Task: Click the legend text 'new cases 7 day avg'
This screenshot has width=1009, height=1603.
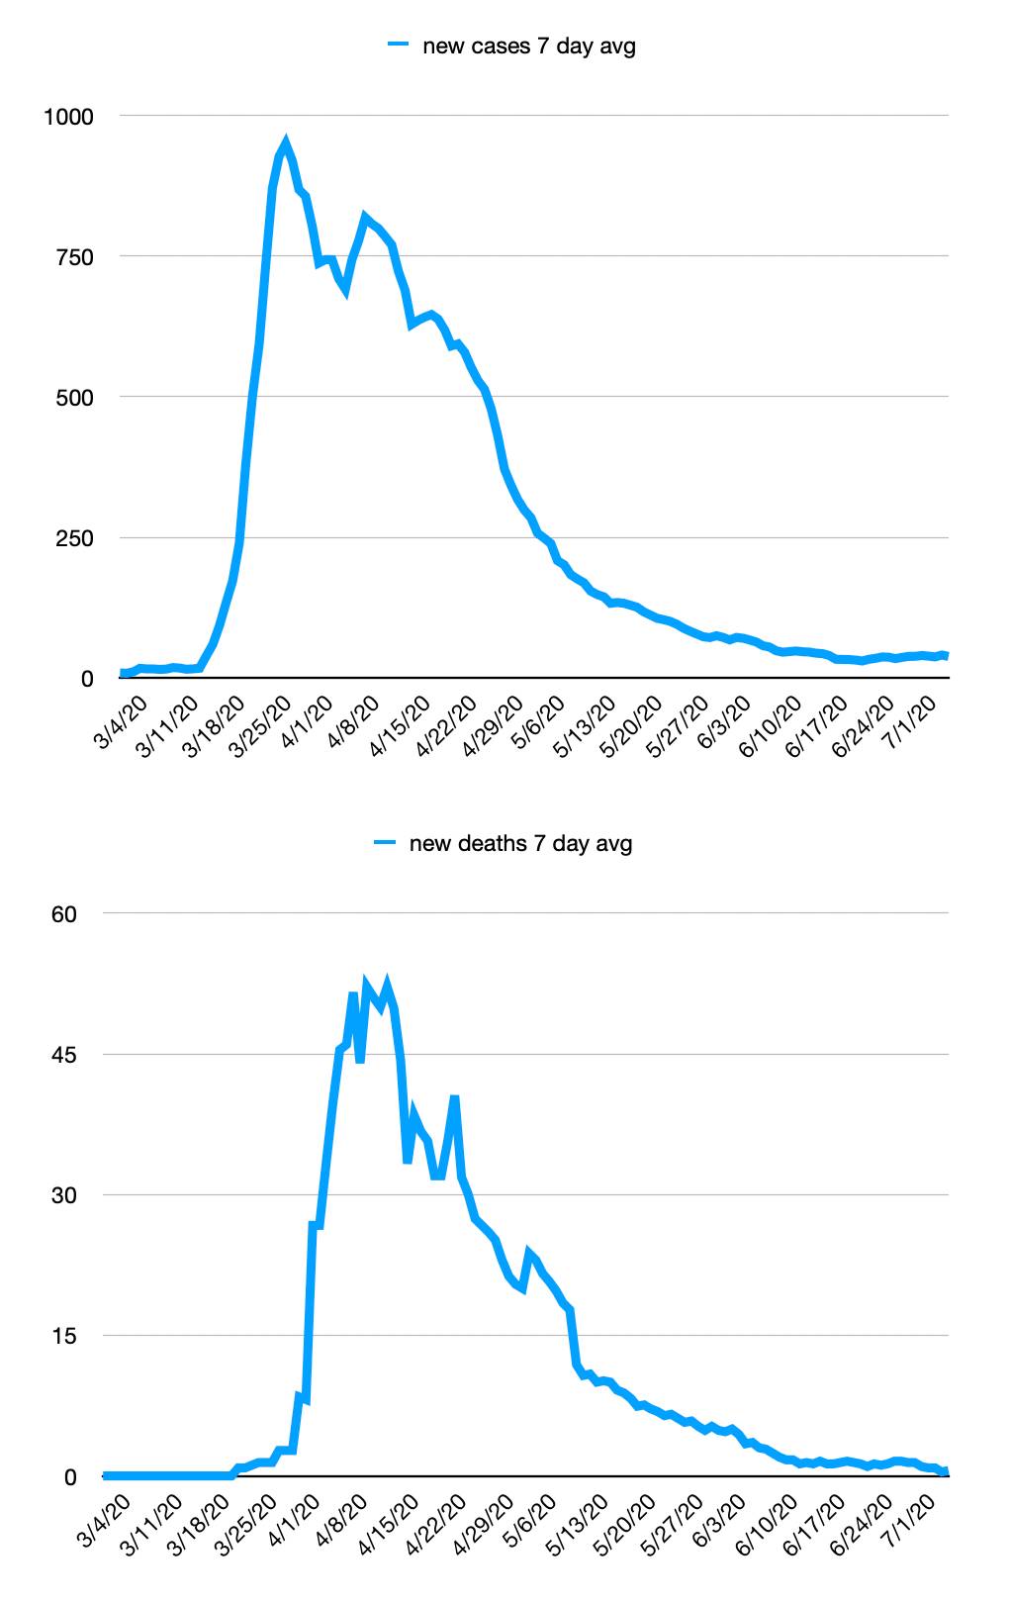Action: pyautogui.click(x=528, y=46)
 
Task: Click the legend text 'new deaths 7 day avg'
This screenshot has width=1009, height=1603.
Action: pyautogui.click(x=520, y=843)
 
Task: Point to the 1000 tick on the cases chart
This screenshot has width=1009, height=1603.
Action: pyautogui.click(x=68, y=117)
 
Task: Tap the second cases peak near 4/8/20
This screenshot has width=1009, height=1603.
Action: pyautogui.click(x=365, y=217)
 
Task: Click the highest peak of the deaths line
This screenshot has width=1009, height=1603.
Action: pyautogui.click(x=387, y=983)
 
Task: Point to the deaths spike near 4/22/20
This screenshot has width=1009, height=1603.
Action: pyautogui.click(x=454, y=1097)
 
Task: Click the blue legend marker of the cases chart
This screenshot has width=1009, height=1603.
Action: pyautogui.click(x=398, y=45)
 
